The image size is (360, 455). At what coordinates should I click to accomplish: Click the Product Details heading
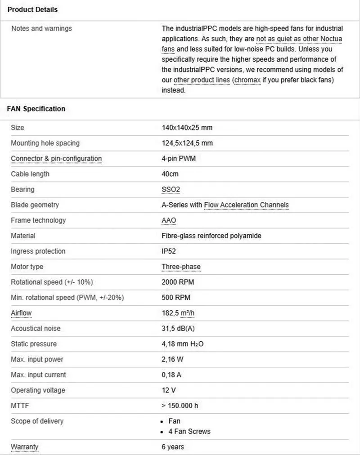(x=32, y=9)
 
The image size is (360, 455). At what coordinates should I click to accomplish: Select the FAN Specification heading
(x=36, y=109)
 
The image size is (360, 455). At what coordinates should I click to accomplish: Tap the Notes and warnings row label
(x=41, y=28)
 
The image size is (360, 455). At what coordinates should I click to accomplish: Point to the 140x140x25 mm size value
(x=187, y=128)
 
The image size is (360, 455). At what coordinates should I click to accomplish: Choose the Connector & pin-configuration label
(x=56, y=159)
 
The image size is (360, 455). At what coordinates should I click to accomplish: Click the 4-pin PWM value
(x=179, y=159)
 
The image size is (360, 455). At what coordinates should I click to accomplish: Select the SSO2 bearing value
(x=171, y=190)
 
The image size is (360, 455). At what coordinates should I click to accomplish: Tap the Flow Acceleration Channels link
(x=246, y=205)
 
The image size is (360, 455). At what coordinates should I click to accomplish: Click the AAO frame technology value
(x=169, y=220)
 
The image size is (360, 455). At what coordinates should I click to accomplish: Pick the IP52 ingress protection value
(x=169, y=251)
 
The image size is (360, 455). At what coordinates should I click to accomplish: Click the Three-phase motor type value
(x=181, y=267)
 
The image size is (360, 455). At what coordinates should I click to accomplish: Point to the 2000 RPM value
(x=178, y=282)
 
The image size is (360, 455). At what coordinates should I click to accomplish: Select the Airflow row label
(x=21, y=313)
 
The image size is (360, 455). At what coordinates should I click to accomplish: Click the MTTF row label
(x=19, y=406)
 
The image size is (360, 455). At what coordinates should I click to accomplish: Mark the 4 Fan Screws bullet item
(x=189, y=431)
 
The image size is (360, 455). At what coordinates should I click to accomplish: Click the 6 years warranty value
(x=173, y=447)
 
